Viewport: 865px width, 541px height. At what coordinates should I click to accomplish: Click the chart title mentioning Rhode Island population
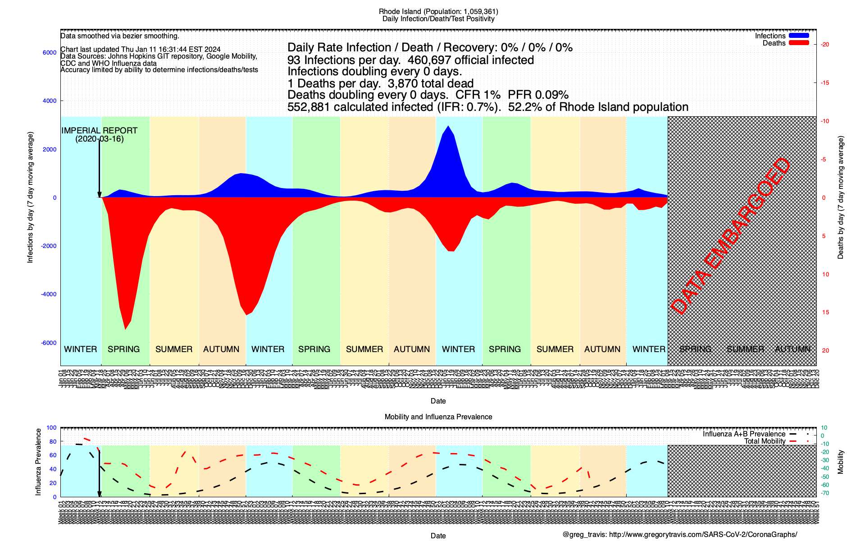pos(438,11)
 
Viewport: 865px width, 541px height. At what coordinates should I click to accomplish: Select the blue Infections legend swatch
pos(798,36)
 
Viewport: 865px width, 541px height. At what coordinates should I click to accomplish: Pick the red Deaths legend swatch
pos(798,43)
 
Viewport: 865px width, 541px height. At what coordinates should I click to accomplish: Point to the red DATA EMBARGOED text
pos(730,236)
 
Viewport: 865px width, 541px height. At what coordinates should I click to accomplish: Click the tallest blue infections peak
pos(448,127)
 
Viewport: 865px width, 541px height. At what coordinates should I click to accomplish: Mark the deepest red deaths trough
pos(125,329)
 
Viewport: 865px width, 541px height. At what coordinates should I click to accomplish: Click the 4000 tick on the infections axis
pos(50,101)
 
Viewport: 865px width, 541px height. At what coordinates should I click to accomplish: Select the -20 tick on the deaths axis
pos(825,44)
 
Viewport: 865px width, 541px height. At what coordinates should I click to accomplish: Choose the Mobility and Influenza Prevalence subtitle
pos(438,417)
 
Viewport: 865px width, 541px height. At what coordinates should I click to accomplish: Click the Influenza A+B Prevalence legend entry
pos(744,434)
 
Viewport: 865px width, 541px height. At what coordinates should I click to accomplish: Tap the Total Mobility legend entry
pos(765,441)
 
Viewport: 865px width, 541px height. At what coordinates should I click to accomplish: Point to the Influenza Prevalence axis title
pos(38,462)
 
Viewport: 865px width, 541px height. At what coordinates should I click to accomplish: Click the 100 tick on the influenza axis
pos(51,428)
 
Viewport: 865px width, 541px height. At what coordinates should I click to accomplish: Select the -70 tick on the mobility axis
pos(824,493)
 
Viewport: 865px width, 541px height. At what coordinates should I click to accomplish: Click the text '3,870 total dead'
pos(430,83)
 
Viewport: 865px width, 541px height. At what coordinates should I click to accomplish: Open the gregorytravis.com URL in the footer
pos(703,535)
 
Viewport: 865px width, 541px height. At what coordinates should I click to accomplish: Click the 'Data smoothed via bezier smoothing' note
pos(120,36)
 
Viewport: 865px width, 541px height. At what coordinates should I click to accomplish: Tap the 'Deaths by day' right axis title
pos(841,197)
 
